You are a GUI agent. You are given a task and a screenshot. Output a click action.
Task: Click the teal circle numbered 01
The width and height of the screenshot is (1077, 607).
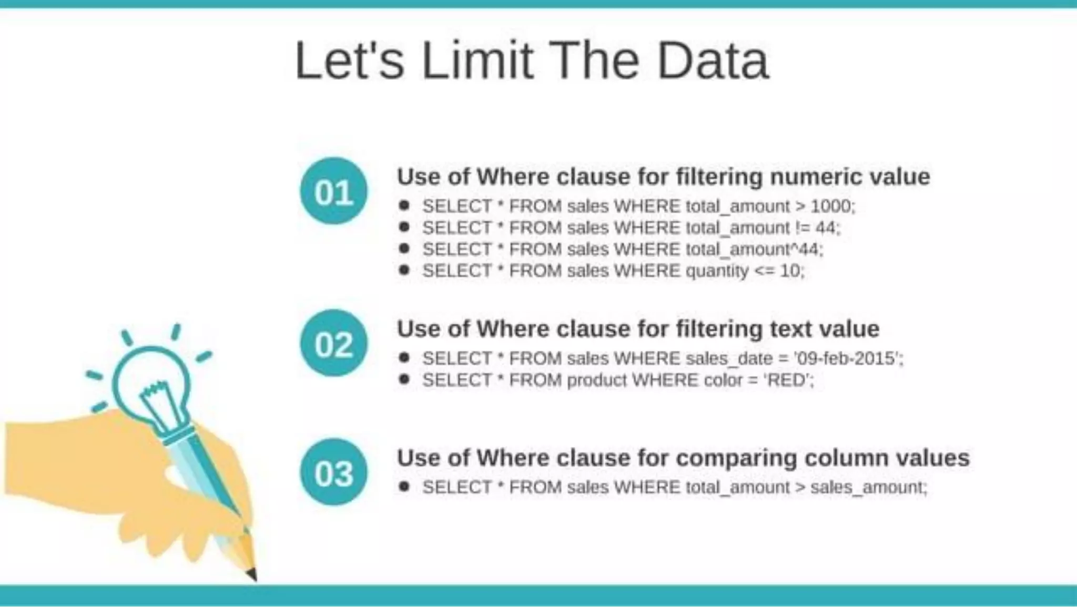pos(333,191)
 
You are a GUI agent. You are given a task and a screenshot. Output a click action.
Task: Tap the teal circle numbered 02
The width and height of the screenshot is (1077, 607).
pos(333,344)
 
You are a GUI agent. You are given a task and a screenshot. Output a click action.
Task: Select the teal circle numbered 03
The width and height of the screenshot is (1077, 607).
pos(333,472)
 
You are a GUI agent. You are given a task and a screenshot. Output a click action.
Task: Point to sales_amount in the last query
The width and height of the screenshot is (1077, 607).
pos(867,487)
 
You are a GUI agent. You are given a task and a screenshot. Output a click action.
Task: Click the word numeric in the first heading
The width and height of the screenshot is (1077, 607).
pos(815,177)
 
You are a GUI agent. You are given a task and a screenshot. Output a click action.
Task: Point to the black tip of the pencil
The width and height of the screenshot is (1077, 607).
pos(252,574)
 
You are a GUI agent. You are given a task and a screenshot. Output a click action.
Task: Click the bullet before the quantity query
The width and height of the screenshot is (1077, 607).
pos(404,270)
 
